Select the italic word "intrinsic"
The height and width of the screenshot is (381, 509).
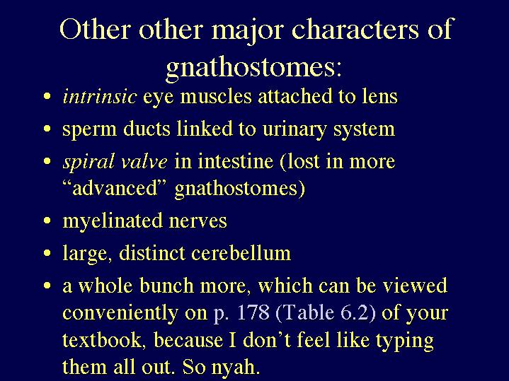coord(99,96)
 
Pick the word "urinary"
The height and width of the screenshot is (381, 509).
coord(294,129)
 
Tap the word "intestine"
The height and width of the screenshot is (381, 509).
coord(235,161)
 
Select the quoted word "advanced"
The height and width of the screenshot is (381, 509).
coord(115,188)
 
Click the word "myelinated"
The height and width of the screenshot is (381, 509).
coord(113,221)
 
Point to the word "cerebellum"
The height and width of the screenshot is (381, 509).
coord(241,252)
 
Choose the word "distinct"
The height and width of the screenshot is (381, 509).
coord(152,252)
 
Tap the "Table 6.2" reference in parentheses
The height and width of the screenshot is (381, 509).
coord(325,312)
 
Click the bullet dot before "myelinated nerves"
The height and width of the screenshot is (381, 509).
coord(47,221)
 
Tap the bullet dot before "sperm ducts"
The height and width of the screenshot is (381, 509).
coord(47,129)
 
